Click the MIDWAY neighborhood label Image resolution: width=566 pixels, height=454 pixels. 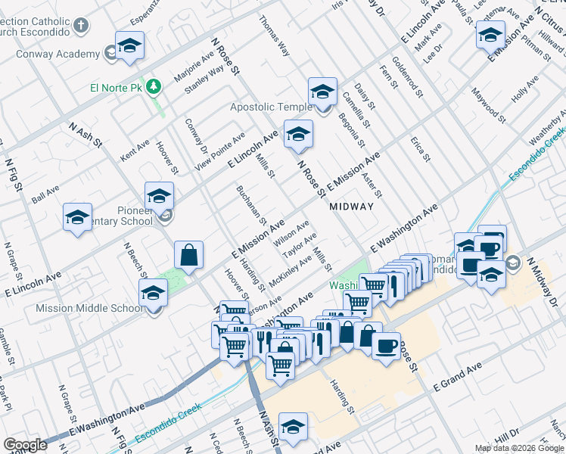[x=351, y=206]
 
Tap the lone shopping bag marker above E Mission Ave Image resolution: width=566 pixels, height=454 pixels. [x=188, y=256]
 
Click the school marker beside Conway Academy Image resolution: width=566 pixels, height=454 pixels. [x=129, y=45]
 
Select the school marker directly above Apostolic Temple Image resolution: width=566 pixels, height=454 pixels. [x=322, y=92]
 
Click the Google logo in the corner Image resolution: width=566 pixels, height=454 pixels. [x=24, y=445]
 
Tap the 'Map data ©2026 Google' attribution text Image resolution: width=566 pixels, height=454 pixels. [x=520, y=448]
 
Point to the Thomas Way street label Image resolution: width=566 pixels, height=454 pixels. [x=274, y=36]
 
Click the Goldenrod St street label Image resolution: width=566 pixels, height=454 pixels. [x=401, y=75]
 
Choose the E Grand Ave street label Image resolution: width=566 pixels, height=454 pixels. [x=457, y=376]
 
